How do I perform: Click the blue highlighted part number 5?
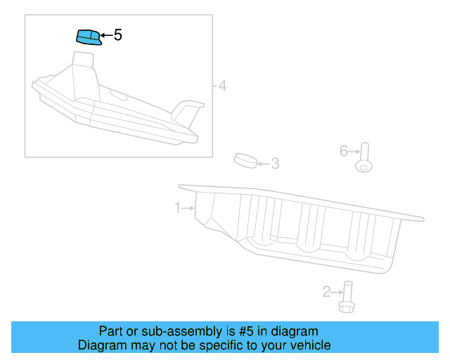[87, 37]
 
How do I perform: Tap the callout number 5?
[117, 34]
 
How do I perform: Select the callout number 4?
[222, 86]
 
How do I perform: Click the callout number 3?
[275, 164]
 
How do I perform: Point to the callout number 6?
[344, 150]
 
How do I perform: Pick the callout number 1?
[178, 207]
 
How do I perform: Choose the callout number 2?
[326, 291]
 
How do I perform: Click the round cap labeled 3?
[245, 161]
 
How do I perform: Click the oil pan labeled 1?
[302, 225]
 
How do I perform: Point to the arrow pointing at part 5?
[105, 34]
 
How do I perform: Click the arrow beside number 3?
[263, 164]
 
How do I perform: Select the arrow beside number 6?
[354, 150]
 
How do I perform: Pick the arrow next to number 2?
[336, 291]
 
